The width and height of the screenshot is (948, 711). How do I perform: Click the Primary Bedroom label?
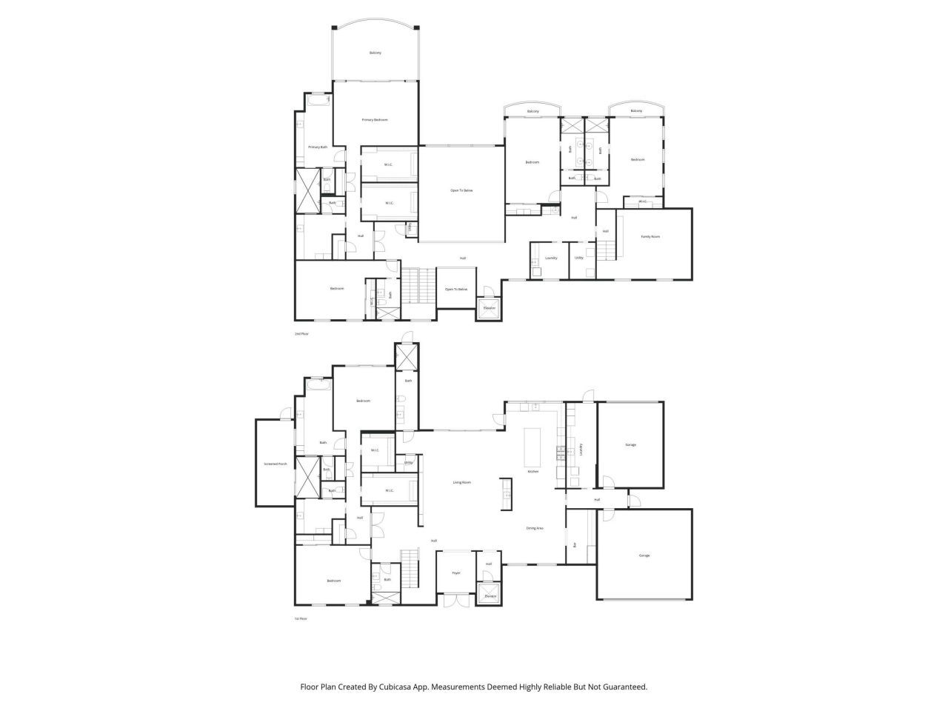pyautogui.click(x=374, y=120)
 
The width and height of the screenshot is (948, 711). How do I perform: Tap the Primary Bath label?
pyautogui.click(x=318, y=147)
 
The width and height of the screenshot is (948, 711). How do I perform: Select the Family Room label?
pyautogui.click(x=650, y=237)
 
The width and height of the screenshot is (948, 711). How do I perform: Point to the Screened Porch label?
pyautogui.click(x=275, y=464)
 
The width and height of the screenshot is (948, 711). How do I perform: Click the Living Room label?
pyautogui.click(x=462, y=483)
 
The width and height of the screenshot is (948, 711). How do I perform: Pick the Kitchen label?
pyautogui.click(x=533, y=472)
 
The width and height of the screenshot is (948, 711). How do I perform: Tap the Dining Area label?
pyautogui.click(x=535, y=528)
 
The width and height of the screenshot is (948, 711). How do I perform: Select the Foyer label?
pyautogui.click(x=456, y=573)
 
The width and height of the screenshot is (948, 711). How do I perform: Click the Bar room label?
pyautogui.click(x=575, y=545)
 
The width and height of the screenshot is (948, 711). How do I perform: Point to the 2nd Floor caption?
pyautogui.click(x=301, y=334)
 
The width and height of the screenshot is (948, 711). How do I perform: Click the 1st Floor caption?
pyautogui.click(x=301, y=618)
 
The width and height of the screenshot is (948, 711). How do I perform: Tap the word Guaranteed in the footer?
pyautogui.click(x=624, y=687)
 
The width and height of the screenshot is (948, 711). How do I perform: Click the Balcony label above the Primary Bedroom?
pyautogui.click(x=375, y=53)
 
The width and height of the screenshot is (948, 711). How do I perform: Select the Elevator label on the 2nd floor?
pyautogui.click(x=489, y=308)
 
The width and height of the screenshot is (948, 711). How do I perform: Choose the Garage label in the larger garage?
pyautogui.click(x=644, y=555)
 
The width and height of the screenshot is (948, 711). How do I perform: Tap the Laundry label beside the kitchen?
pyautogui.click(x=581, y=448)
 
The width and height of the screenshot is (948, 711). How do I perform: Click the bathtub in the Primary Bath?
pyautogui.click(x=318, y=101)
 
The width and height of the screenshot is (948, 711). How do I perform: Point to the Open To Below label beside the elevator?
pyautogui.click(x=456, y=290)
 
